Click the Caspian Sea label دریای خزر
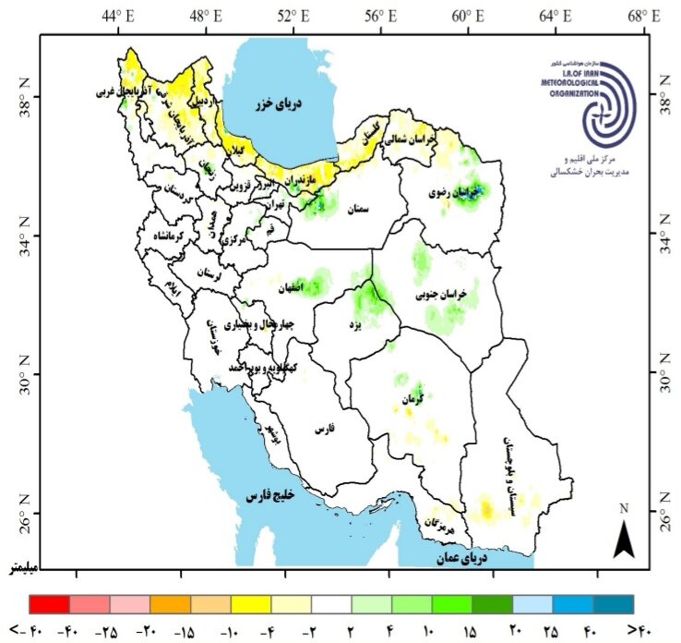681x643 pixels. tap(280, 103)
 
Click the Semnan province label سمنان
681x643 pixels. tap(355, 210)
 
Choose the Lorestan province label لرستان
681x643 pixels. tap(209, 273)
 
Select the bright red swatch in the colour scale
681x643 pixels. tap(50, 604)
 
